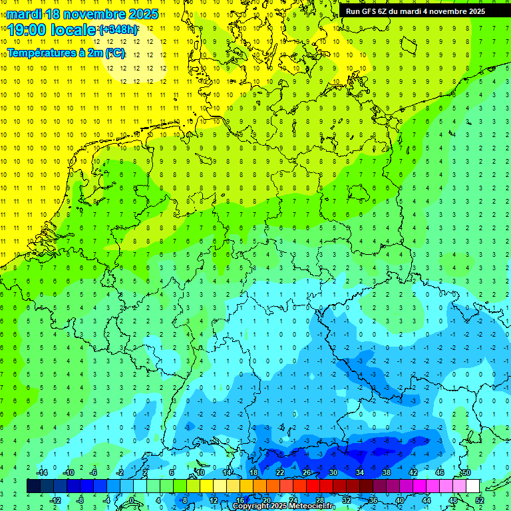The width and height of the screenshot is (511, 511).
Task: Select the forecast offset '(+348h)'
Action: click(x=119, y=30)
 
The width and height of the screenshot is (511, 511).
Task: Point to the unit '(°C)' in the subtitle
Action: click(x=114, y=53)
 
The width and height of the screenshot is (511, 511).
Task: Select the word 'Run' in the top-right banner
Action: click(x=353, y=11)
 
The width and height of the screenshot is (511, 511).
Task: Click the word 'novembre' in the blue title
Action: click(x=94, y=14)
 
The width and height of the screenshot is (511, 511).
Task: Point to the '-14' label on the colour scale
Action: click(x=41, y=472)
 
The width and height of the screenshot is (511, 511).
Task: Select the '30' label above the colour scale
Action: click(x=333, y=472)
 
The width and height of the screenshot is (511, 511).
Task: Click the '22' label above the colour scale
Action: click(x=280, y=472)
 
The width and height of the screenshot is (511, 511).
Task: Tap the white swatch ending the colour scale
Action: click(x=473, y=486)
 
